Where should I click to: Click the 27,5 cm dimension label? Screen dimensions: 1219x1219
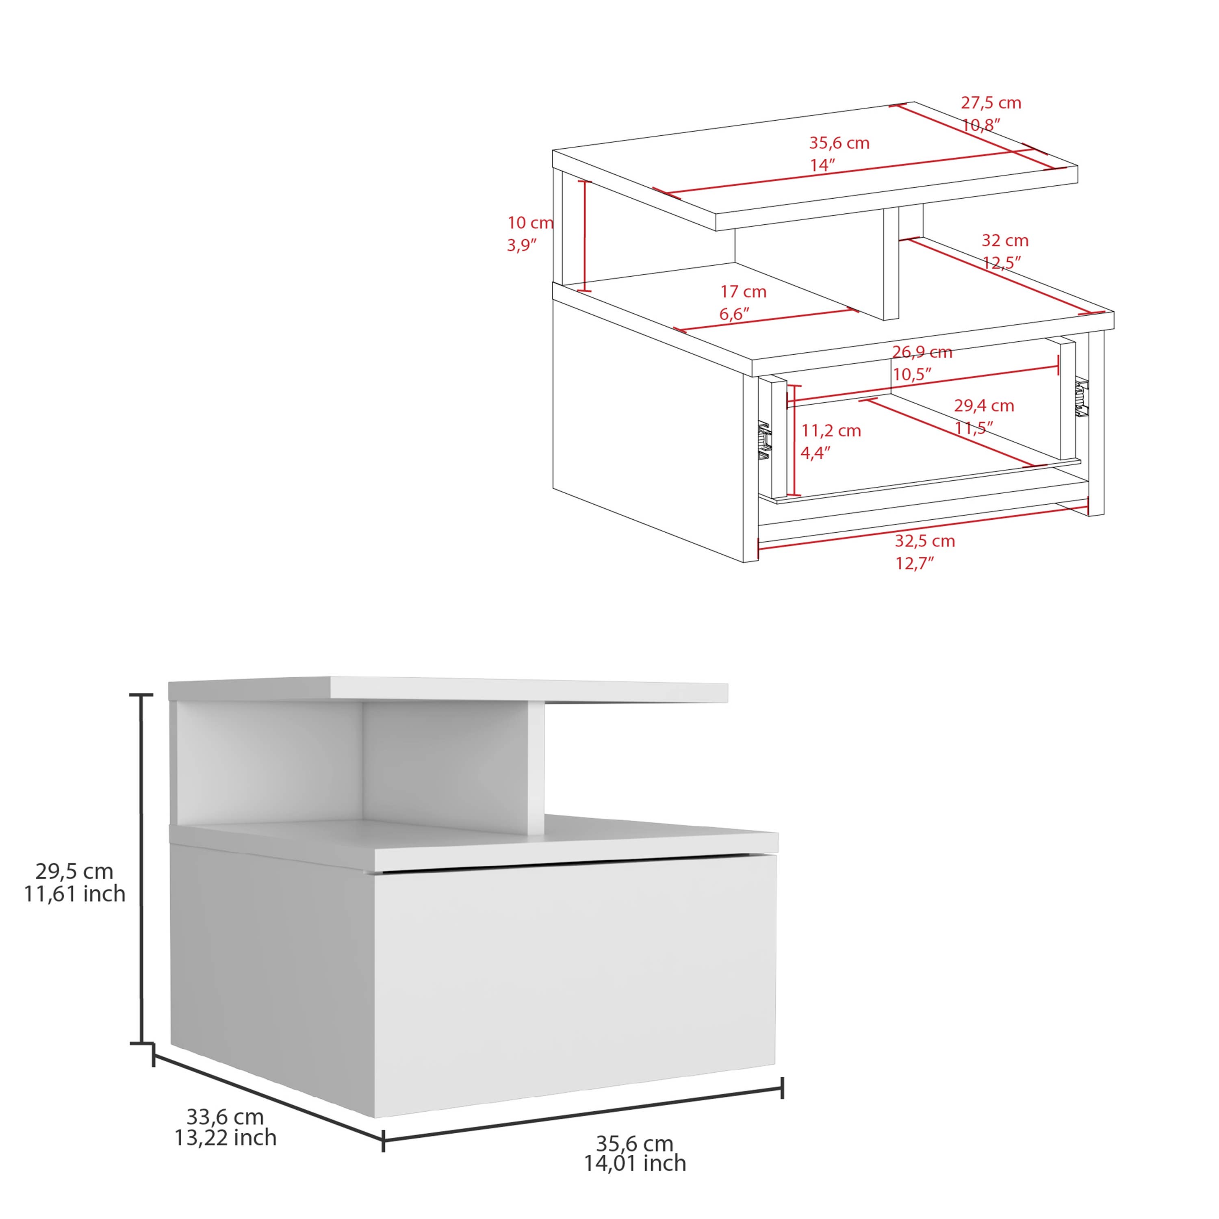point(991,103)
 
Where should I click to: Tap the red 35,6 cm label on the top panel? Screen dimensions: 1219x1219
point(839,143)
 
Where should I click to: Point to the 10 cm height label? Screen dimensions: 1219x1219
point(530,223)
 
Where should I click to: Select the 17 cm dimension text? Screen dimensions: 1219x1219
point(743,291)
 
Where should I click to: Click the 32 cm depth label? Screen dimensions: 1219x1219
point(1004,241)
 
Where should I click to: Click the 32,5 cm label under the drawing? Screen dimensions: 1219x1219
point(924,541)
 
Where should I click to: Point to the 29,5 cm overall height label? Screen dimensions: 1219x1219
point(74,871)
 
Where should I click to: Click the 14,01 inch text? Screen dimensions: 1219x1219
point(635,1163)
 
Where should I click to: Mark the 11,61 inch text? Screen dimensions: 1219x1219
point(74,894)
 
